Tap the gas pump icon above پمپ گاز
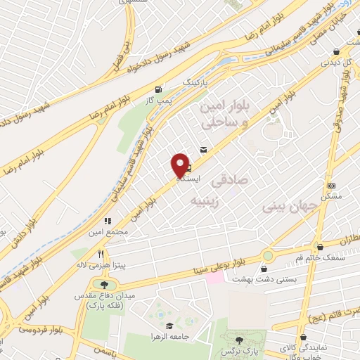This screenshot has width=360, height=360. coord(159,89)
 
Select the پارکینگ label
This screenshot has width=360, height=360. coord(197,82)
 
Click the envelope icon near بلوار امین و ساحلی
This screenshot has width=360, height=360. coord(203,149)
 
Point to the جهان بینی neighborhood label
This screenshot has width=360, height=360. coord(281,207)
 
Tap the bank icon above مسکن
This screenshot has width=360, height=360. coord(332,186)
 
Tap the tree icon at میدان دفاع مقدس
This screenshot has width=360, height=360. coord(105,284)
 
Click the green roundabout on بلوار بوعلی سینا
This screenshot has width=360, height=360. coord(267,255)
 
